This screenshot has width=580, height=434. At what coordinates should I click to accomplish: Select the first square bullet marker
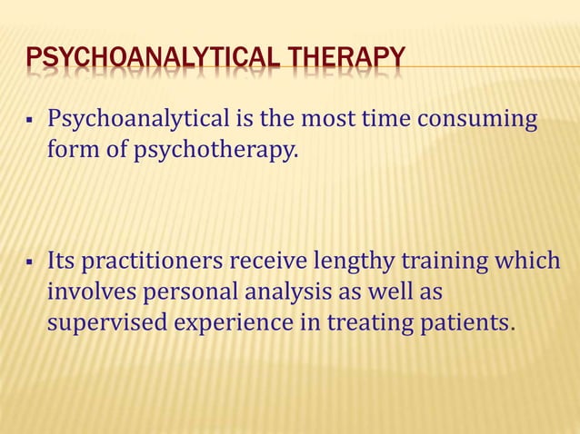[31, 120]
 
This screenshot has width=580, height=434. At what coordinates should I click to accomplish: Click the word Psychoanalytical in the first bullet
[139, 119]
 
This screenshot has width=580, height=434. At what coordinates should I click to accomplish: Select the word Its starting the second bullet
[61, 262]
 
